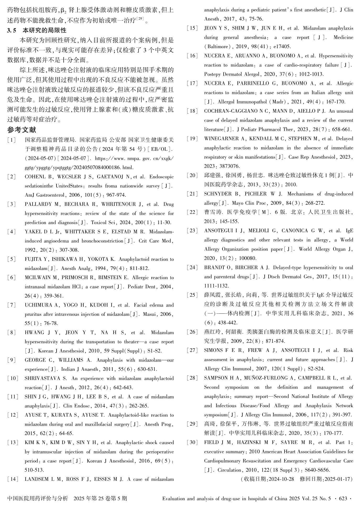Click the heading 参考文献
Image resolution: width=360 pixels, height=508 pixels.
(x=21, y=130)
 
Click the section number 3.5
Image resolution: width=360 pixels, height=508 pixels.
(x=12, y=31)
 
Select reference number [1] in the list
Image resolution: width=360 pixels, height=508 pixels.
(x=12, y=140)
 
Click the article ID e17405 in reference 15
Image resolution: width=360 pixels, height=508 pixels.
(x=281, y=47)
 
